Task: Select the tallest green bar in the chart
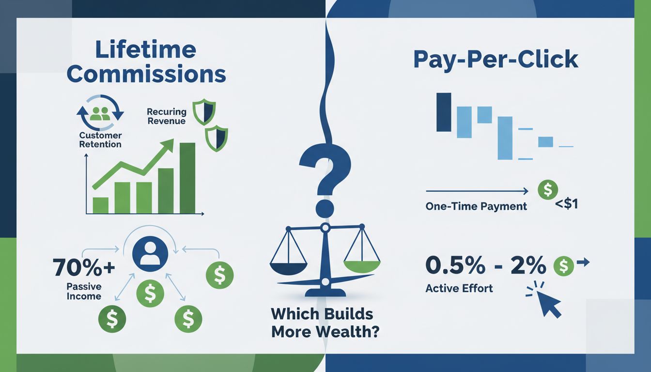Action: tap(187, 178)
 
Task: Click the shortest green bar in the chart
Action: tap(100, 205)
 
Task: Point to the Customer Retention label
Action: tap(101, 140)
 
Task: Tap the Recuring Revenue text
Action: tap(166, 116)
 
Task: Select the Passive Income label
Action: tap(84, 291)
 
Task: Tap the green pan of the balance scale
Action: tap(361, 265)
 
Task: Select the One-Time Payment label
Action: tap(476, 206)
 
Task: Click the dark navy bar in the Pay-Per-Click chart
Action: tap(443, 112)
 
